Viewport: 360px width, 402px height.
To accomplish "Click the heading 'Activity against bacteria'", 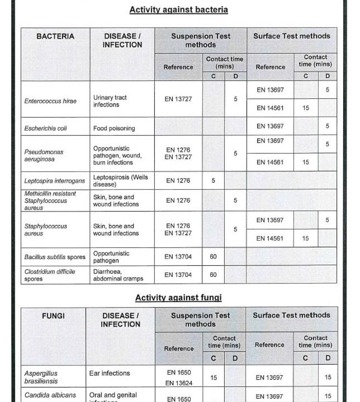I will click(178, 9).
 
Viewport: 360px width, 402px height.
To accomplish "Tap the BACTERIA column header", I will click(55, 36).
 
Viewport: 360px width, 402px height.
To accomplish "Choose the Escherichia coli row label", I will click(46, 128).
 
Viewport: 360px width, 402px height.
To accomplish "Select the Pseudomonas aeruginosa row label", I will click(44, 155).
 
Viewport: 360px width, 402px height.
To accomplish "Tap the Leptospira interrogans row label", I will click(55, 181).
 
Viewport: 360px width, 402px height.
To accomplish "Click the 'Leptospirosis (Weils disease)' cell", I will click(120, 181).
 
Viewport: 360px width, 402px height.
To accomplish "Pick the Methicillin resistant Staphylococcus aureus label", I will click(50, 200).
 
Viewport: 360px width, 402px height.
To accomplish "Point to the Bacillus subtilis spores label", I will click(55, 257).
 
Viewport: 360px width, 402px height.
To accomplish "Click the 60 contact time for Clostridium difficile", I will click(213, 275).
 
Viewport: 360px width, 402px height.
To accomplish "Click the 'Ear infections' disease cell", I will click(110, 373).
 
